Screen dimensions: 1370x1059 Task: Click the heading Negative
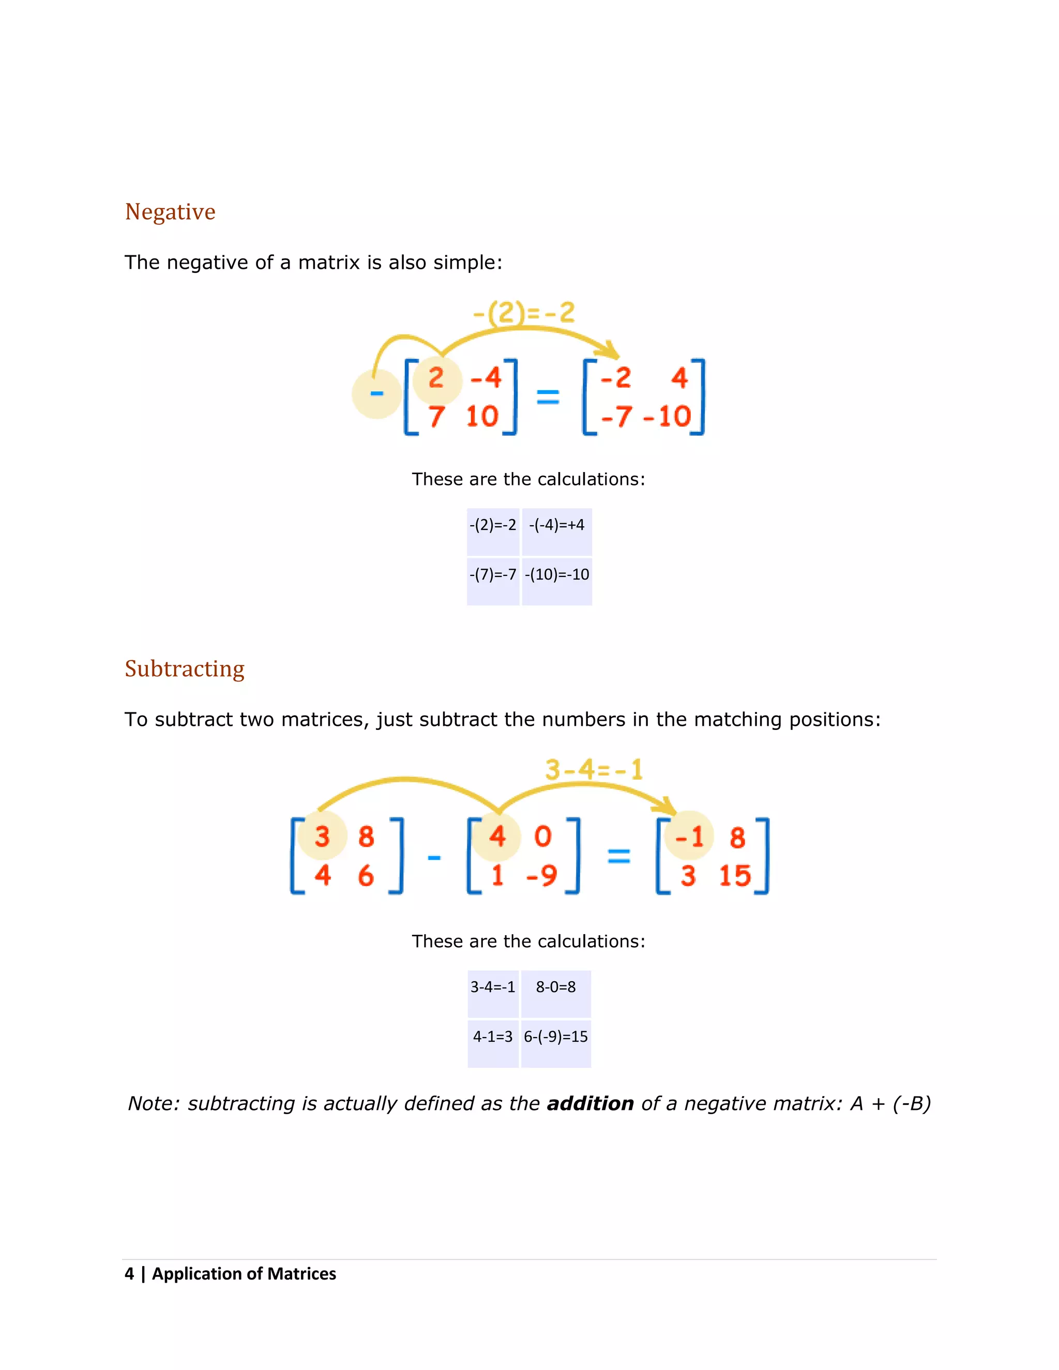(170, 212)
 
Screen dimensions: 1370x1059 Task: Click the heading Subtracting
(185, 668)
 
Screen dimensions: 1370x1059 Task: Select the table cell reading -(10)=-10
(556, 574)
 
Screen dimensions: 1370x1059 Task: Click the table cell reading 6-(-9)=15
(556, 1037)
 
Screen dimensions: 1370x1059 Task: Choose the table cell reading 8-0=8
(556, 987)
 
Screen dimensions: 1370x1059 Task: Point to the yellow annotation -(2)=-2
(524, 312)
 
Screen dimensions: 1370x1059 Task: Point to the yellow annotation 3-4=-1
(594, 770)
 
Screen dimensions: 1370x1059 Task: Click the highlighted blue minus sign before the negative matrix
(376, 394)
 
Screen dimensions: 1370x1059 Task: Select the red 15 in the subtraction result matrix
(735, 876)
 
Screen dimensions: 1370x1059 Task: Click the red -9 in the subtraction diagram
(541, 876)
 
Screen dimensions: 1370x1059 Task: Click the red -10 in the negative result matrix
(667, 417)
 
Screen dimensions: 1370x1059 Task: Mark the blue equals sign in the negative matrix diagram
(548, 397)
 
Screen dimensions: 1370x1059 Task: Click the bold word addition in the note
(591, 1103)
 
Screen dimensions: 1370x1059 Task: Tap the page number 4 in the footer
(129, 1274)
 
